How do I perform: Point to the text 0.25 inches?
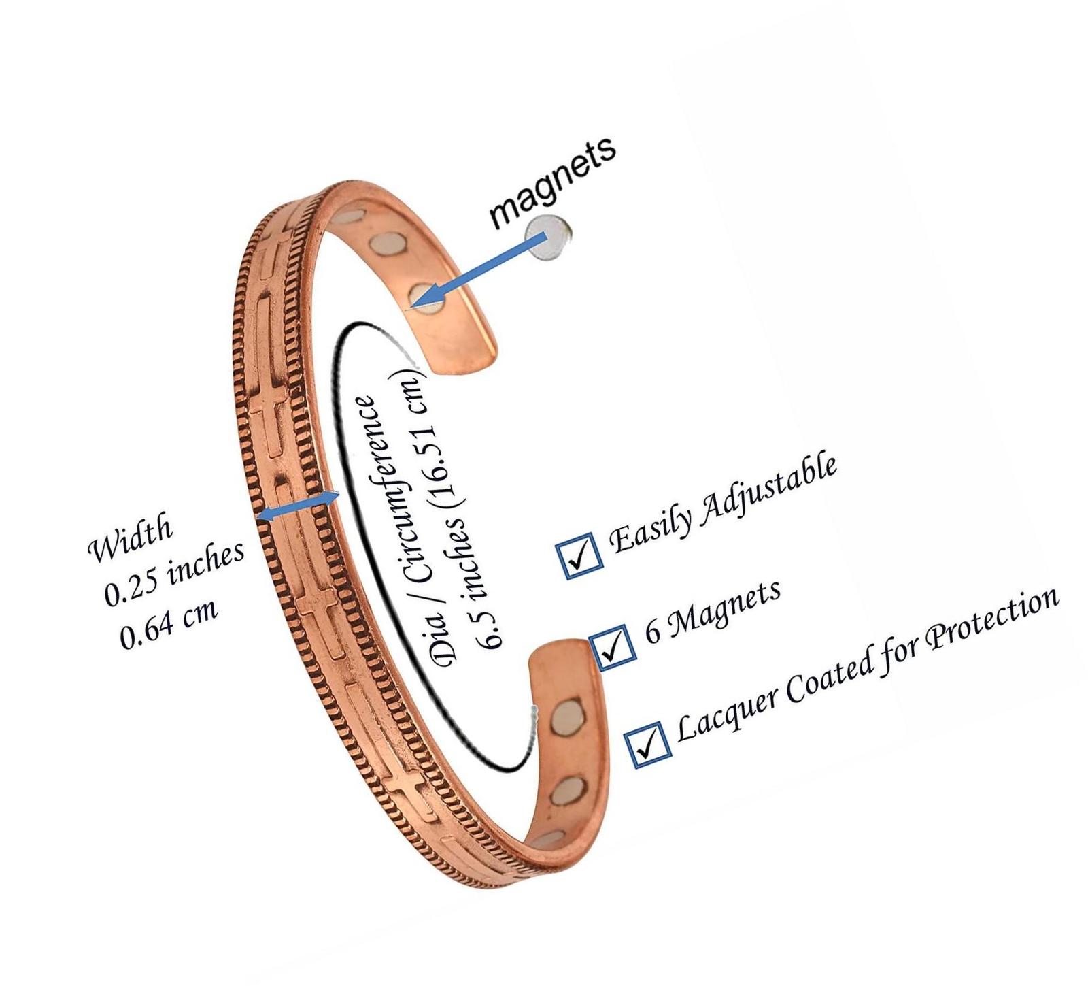click(x=173, y=573)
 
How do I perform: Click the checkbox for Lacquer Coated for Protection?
click(x=649, y=743)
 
